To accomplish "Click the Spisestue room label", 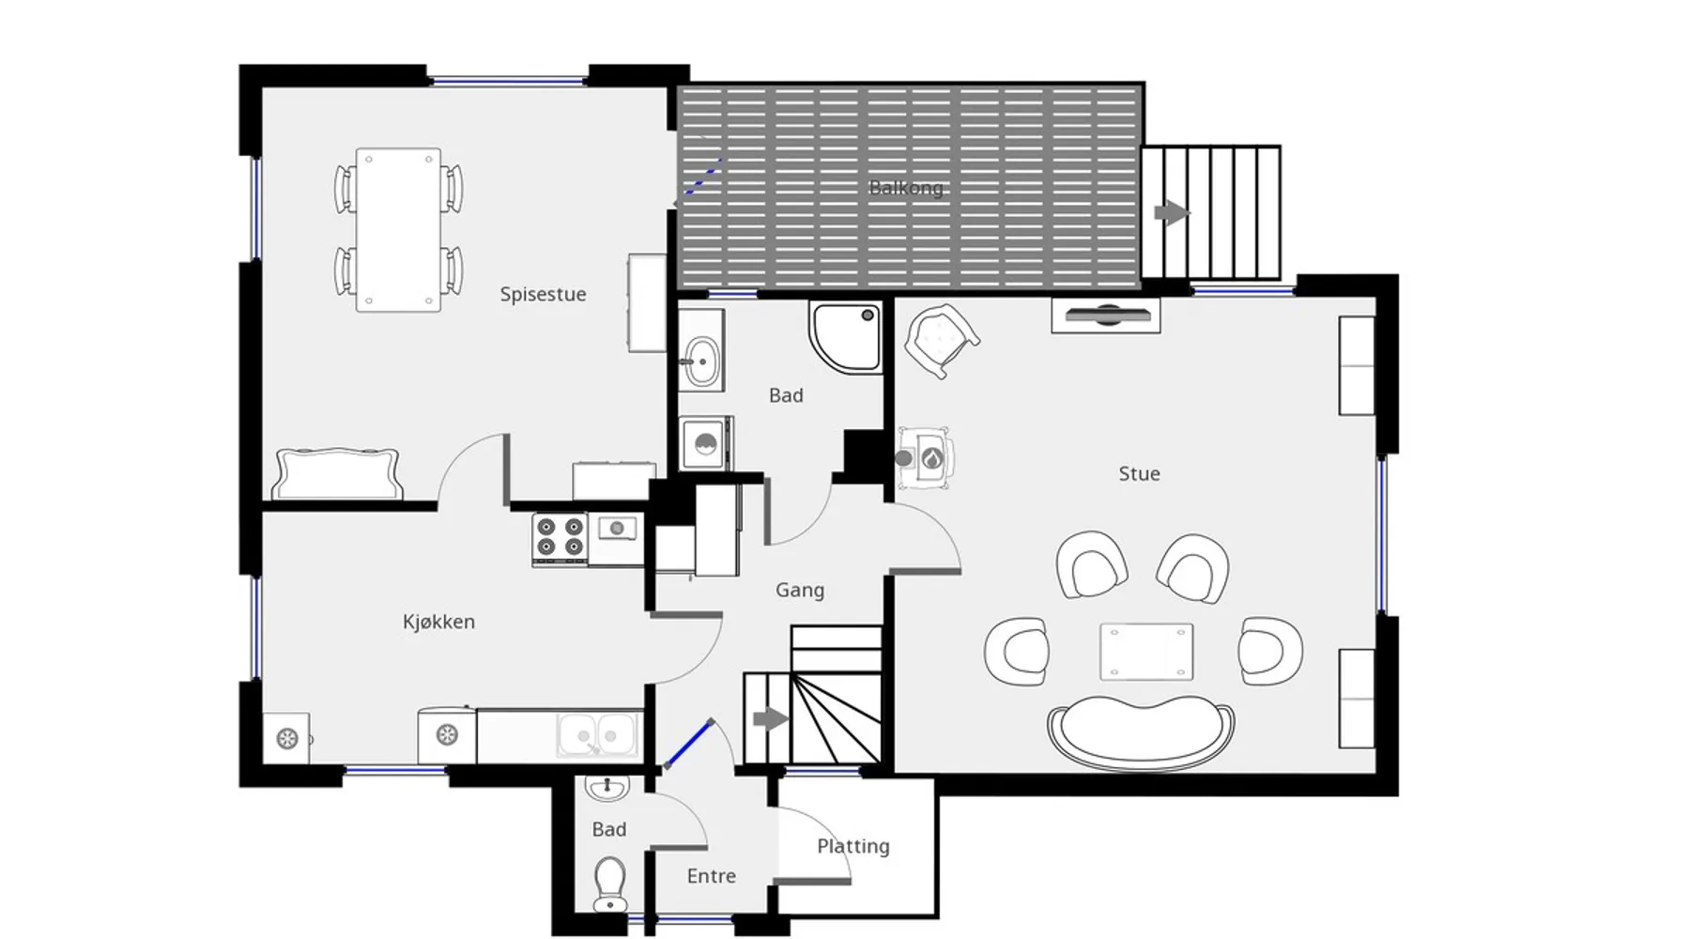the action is (x=543, y=294).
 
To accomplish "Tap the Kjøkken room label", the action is (x=438, y=622).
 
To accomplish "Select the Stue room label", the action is (x=1139, y=474).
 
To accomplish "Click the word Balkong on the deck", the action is (x=906, y=188).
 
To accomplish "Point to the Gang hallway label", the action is (x=800, y=591).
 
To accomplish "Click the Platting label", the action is (x=853, y=846).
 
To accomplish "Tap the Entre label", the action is (x=712, y=876).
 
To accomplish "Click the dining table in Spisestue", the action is (x=398, y=229).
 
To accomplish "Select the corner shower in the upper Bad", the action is (x=845, y=337).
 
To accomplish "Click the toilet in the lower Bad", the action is (x=610, y=884).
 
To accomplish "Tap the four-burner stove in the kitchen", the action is (x=560, y=538).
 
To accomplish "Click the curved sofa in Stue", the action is (x=1141, y=732).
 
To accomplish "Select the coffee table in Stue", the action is (x=1146, y=652).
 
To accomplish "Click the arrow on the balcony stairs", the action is (x=1172, y=212).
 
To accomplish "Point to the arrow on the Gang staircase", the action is (x=771, y=720).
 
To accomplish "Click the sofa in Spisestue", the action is (x=338, y=474).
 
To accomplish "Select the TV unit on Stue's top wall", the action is (x=1106, y=316).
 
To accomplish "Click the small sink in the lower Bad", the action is (x=607, y=788).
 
